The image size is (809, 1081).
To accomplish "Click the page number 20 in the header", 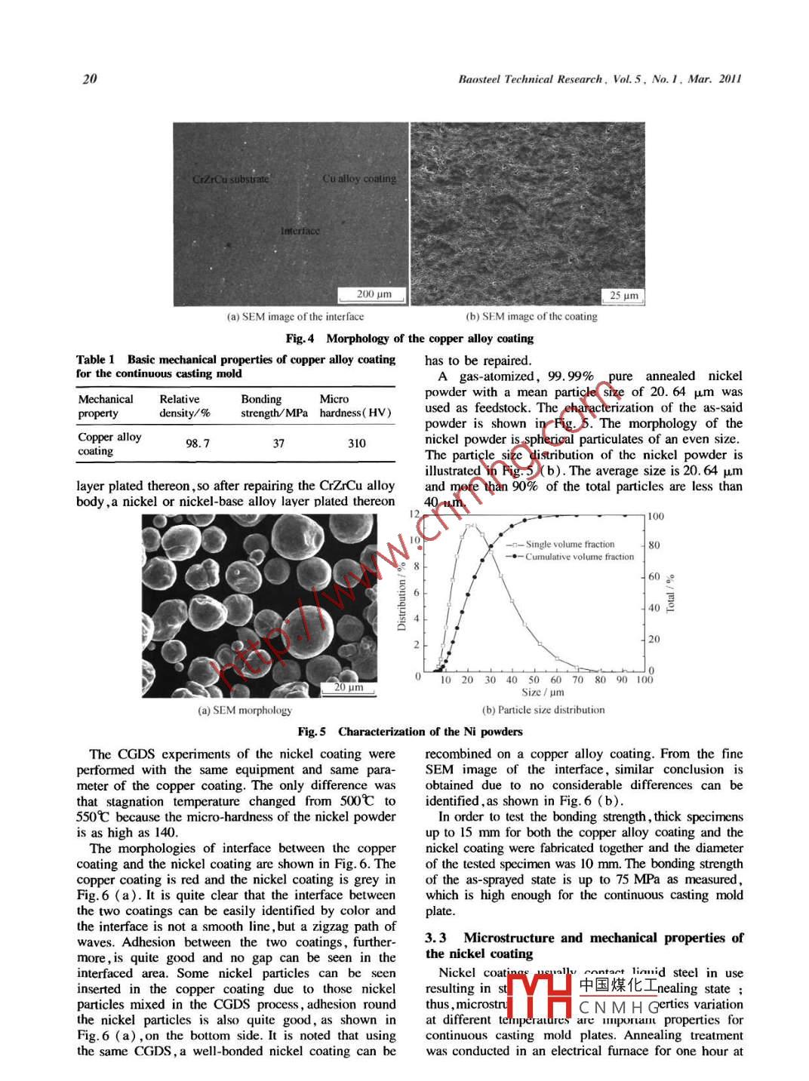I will [x=90, y=78].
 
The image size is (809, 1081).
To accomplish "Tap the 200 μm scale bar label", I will [x=374, y=294].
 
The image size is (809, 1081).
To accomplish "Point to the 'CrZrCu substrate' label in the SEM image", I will [x=230, y=180].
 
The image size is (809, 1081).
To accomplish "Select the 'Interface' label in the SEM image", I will [x=300, y=231].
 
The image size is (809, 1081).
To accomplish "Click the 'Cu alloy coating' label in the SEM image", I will [x=359, y=179].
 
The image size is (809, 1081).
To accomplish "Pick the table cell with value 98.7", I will [x=198, y=444].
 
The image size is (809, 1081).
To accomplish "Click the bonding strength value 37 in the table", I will [x=278, y=444].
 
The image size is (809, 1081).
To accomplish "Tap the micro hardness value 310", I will [x=357, y=444].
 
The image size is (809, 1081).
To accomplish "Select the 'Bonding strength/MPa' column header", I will [x=274, y=406].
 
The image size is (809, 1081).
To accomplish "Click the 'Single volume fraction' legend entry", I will [x=570, y=544].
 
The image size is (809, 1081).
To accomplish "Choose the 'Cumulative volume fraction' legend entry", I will [x=579, y=557].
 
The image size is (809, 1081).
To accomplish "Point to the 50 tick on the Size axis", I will [x=534, y=680].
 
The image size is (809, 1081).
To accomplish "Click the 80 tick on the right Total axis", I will [x=654, y=545].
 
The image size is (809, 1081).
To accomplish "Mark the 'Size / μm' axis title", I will [x=543, y=692].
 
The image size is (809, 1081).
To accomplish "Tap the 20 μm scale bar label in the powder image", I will [x=349, y=687].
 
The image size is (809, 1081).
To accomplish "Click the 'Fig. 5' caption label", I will [x=312, y=731].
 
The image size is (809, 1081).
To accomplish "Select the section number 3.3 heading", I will [x=435, y=938].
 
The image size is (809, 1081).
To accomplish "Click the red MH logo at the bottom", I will [x=539, y=997].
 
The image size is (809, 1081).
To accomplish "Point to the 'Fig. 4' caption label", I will [x=300, y=338].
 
